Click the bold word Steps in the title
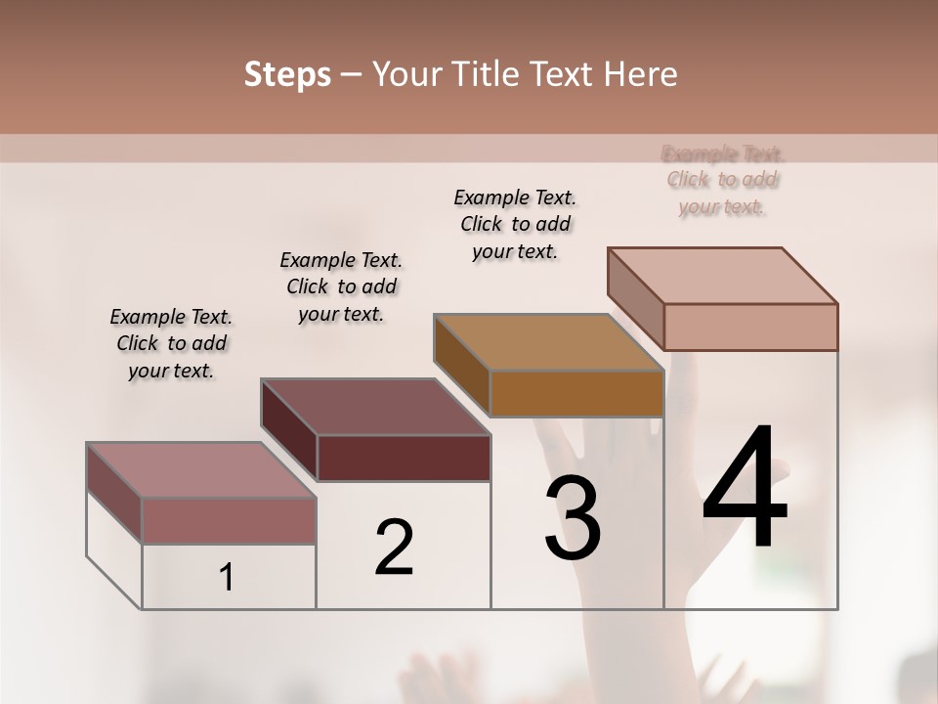[287, 74]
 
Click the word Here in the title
[641, 74]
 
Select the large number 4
[745, 489]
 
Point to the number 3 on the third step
[573, 518]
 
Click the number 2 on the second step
[394, 548]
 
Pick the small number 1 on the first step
[227, 578]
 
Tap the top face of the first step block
[201, 469]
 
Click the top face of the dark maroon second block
[375, 406]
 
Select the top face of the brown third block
[549, 342]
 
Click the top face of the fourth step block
[723, 275]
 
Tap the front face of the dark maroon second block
[404, 458]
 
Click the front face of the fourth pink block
[750, 327]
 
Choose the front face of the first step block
[229, 520]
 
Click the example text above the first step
[171, 343]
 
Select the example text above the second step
[341, 286]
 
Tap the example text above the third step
[515, 224]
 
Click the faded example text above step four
[723, 180]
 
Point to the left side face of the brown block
[461, 364]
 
